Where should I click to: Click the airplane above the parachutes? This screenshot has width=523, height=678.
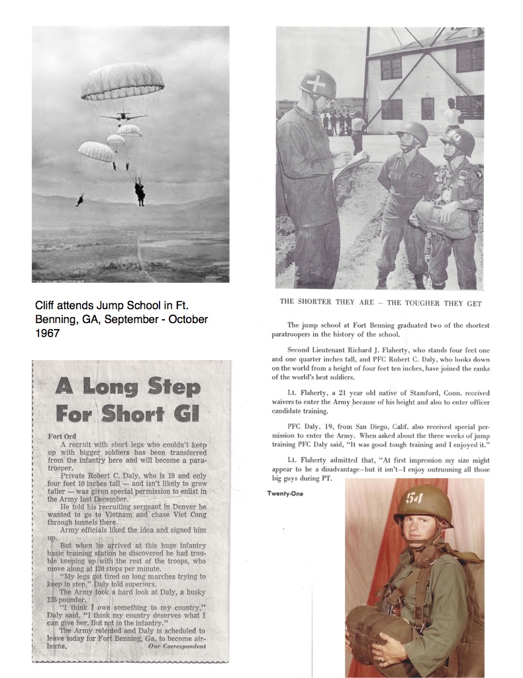pyautogui.click(x=123, y=117)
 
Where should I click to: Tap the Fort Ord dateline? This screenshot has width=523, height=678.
pyautogui.click(x=64, y=436)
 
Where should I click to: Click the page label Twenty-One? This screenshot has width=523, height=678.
pyautogui.click(x=286, y=492)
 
